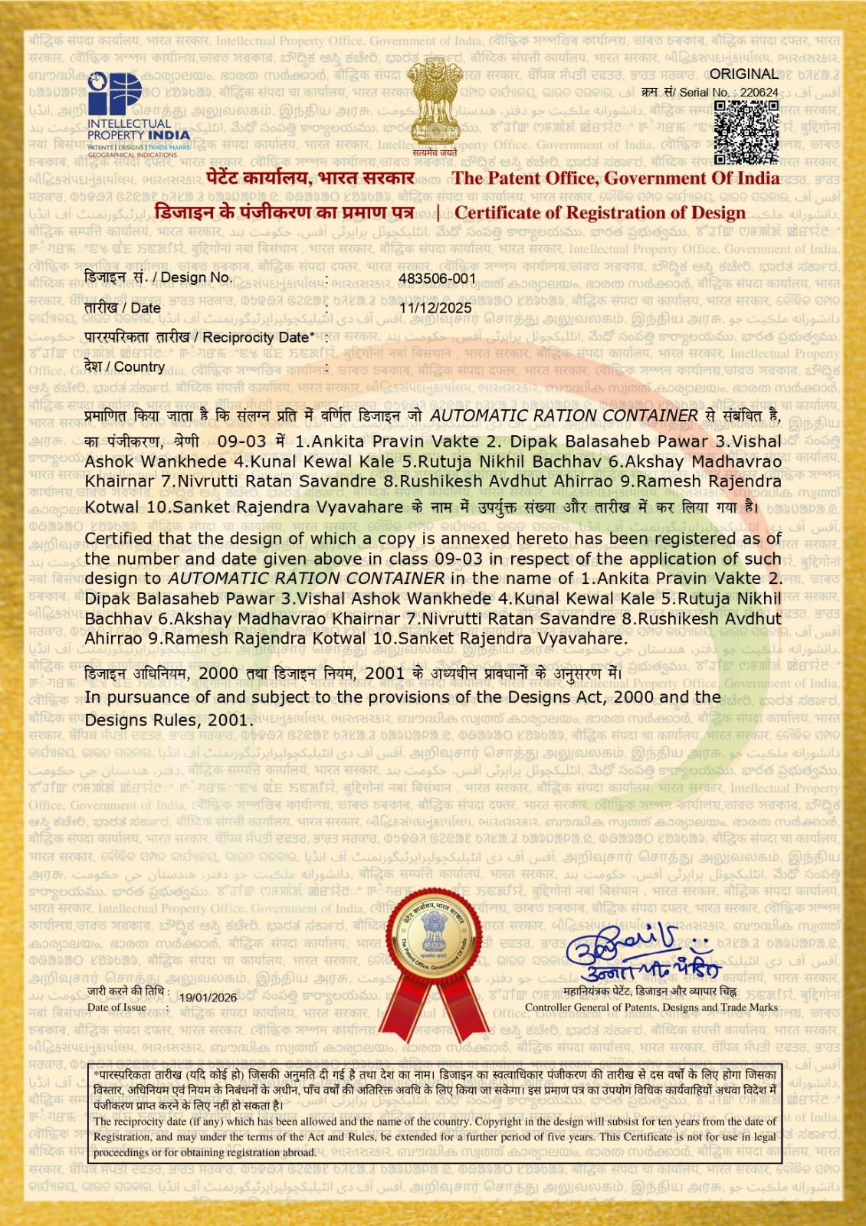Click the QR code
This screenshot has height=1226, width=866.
tap(746, 133)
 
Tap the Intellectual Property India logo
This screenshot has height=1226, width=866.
tap(138, 115)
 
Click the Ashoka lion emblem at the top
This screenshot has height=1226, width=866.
tap(435, 107)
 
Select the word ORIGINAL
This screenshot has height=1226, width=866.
tap(743, 74)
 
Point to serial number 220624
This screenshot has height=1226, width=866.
tap(759, 92)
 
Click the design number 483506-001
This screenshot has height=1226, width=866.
tap(437, 279)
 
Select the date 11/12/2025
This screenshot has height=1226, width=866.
tap(435, 308)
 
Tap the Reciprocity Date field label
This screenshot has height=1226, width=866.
tap(198, 338)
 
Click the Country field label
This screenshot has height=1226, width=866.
tap(125, 367)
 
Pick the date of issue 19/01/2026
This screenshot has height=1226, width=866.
tap(208, 997)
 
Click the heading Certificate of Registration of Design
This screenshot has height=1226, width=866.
tap(600, 213)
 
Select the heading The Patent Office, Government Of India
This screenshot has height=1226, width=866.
tap(615, 179)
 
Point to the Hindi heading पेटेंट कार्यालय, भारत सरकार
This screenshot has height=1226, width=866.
tap(310, 179)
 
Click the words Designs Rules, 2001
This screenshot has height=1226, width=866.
tap(168, 720)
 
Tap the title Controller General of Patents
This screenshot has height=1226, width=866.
tap(651, 1008)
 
